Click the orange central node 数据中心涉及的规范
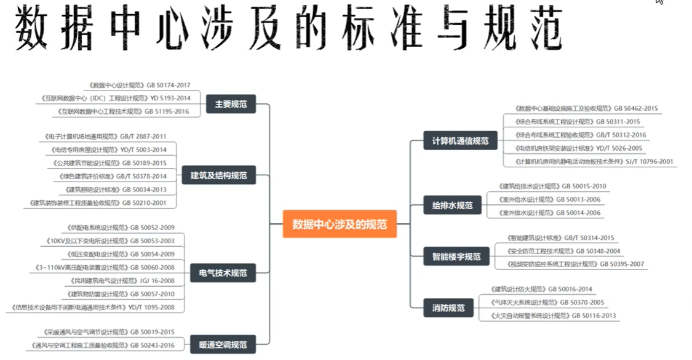click(340, 224)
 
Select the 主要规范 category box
click(231, 105)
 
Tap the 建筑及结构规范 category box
click(218, 176)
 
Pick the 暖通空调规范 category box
click(223, 345)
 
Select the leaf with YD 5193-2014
click(116, 98)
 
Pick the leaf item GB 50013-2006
click(544, 199)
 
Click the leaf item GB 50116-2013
click(553, 316)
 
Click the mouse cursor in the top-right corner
click(659, 2)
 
